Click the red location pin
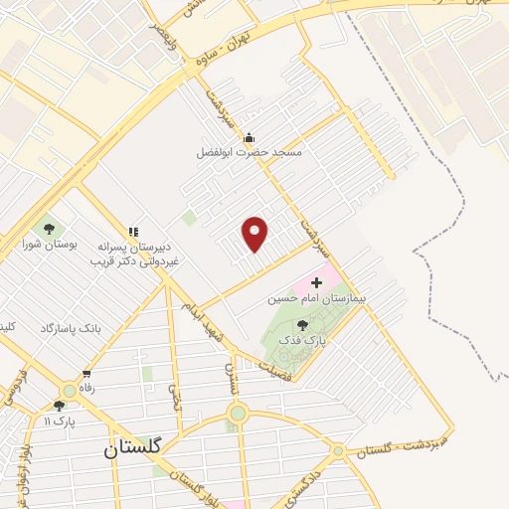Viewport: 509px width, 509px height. point(255,233)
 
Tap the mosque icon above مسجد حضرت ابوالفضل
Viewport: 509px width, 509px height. point(248,138)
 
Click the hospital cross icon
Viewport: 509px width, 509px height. point(316,282)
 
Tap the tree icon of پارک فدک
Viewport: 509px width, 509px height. point(301,325)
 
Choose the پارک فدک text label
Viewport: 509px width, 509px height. point(302,339)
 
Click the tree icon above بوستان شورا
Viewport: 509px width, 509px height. point(50,230)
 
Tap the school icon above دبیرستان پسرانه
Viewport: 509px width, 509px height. point(132,232)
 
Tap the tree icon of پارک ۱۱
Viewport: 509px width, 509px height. point(59,406)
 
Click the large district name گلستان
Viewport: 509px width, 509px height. point(140,448)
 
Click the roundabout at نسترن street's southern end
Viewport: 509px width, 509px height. point(237,414)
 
